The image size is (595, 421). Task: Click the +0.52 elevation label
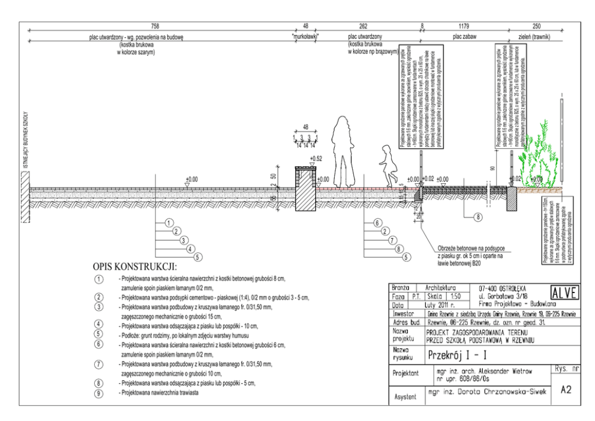point(315,159)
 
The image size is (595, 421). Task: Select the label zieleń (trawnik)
point(536,36)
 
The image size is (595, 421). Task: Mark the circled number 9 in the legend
point(98,393)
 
